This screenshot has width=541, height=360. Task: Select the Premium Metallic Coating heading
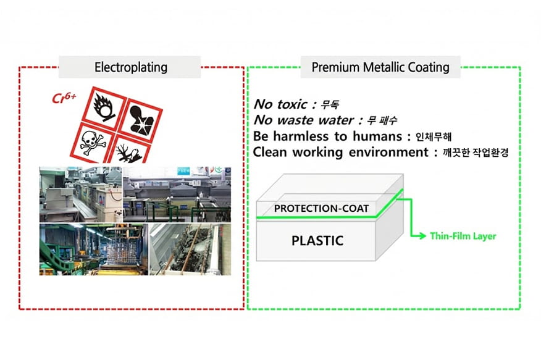coord(380,67)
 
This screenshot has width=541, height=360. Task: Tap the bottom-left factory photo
coord(93,249)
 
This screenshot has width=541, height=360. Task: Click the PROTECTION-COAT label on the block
coord(321,208)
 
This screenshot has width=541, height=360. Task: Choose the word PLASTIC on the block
coord(317,240)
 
